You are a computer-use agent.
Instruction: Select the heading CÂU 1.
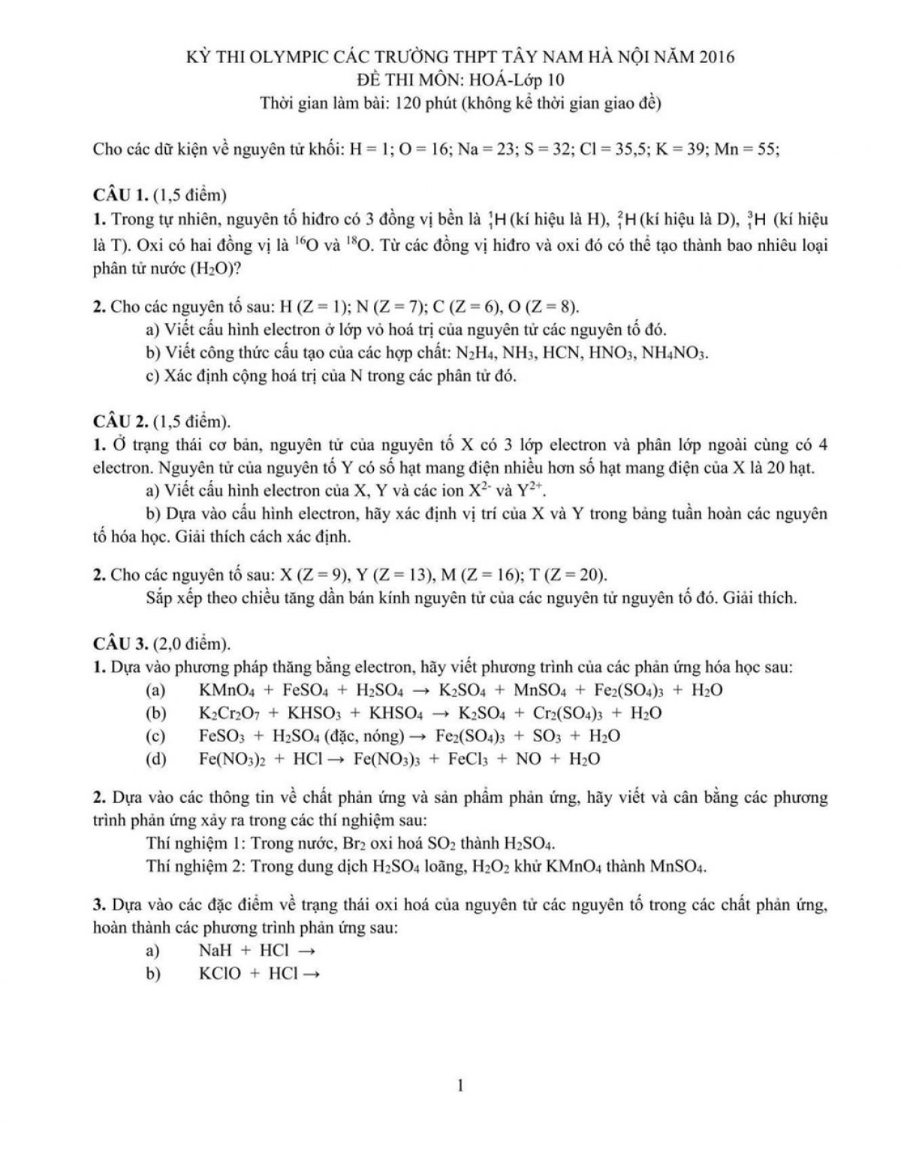coord(119,195)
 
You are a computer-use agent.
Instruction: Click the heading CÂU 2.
coord(119,421)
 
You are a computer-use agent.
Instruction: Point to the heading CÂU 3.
coord(119,644)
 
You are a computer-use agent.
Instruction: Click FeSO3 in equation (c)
coord(222,736)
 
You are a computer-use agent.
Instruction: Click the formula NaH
coord(215,950)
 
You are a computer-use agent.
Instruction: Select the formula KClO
coord(219,973)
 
